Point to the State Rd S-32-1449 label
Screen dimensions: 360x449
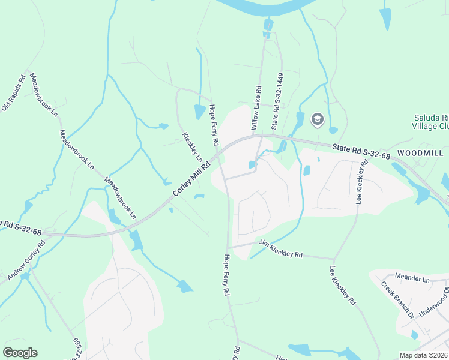(276, 101)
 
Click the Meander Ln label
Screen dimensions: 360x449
(413, 278)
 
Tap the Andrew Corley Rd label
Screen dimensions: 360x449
(27, 261)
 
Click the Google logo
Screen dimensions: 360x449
(20, 352)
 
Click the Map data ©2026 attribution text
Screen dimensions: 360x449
(423, 355)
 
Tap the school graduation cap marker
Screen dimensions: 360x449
(316, 120)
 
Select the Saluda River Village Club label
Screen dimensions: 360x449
(430, 122)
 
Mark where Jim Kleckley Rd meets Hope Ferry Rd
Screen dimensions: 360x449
(228, 247)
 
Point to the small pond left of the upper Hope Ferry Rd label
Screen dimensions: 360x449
(199, 112)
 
